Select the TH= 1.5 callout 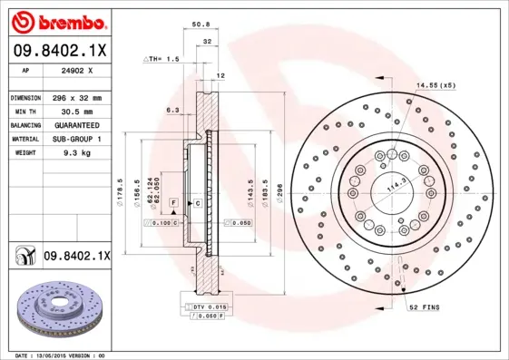click(161, 59)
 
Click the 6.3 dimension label click(172, 110)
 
